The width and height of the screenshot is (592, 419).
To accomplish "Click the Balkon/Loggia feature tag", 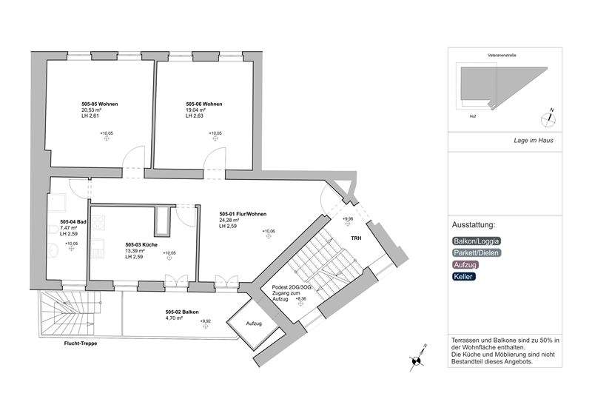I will click(x=476, y=241).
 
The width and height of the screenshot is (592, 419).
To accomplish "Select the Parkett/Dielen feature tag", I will click(x=477, y=252).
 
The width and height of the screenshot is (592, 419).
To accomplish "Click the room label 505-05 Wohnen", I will click(x=100, y=104).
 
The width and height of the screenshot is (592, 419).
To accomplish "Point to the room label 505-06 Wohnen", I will click(x=204, y=104).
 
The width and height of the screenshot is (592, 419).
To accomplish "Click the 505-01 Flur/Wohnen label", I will click(x=243, y=213).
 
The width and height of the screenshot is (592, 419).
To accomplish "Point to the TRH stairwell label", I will click(x=356, y=238).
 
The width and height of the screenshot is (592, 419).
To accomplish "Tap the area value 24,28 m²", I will click(x=230, y=220).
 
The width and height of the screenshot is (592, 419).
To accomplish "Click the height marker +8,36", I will click(x=299, y=299).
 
